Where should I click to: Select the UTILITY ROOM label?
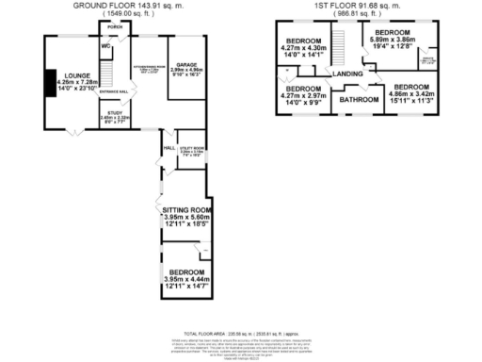[x=192, y=148]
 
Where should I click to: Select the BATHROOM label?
[x=359, y=99]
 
